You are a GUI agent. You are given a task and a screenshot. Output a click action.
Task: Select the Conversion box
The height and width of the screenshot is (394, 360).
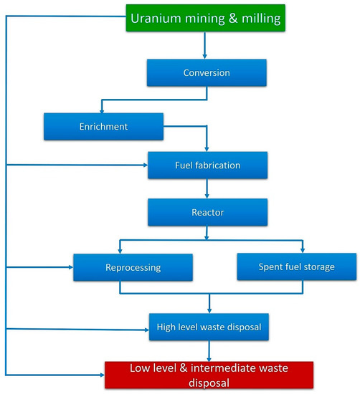point(207,72)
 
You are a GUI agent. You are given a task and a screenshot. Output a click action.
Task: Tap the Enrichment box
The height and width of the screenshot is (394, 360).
point(103,126)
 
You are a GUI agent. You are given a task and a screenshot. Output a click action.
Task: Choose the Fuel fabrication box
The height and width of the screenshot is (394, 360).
point(207,165)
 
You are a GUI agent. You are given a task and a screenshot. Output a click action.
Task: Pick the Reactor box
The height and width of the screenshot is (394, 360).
point(207,213)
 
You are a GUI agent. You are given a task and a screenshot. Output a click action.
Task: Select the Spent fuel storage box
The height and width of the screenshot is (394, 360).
point(296,267)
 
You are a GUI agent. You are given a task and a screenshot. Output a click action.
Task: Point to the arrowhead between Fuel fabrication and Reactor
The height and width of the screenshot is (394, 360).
point(207,196)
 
